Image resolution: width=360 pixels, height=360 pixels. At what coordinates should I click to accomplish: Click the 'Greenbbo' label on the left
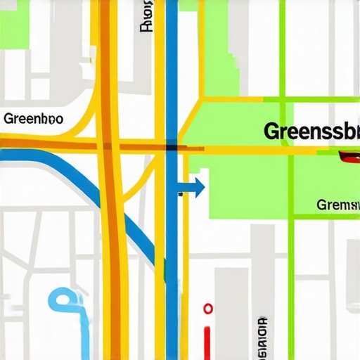click(x=33, y=119)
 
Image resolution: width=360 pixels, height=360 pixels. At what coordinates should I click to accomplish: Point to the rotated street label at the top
click(x=146, y=16)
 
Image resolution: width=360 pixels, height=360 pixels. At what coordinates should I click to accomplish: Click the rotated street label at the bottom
click(x=262, y=335)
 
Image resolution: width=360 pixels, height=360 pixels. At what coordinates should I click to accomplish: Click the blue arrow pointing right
click(x=191, y=188)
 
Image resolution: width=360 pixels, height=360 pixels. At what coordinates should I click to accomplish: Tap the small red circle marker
click(x=207, y=309)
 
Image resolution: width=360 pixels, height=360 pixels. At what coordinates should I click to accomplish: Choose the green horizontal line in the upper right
click(x=316, y=96)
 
